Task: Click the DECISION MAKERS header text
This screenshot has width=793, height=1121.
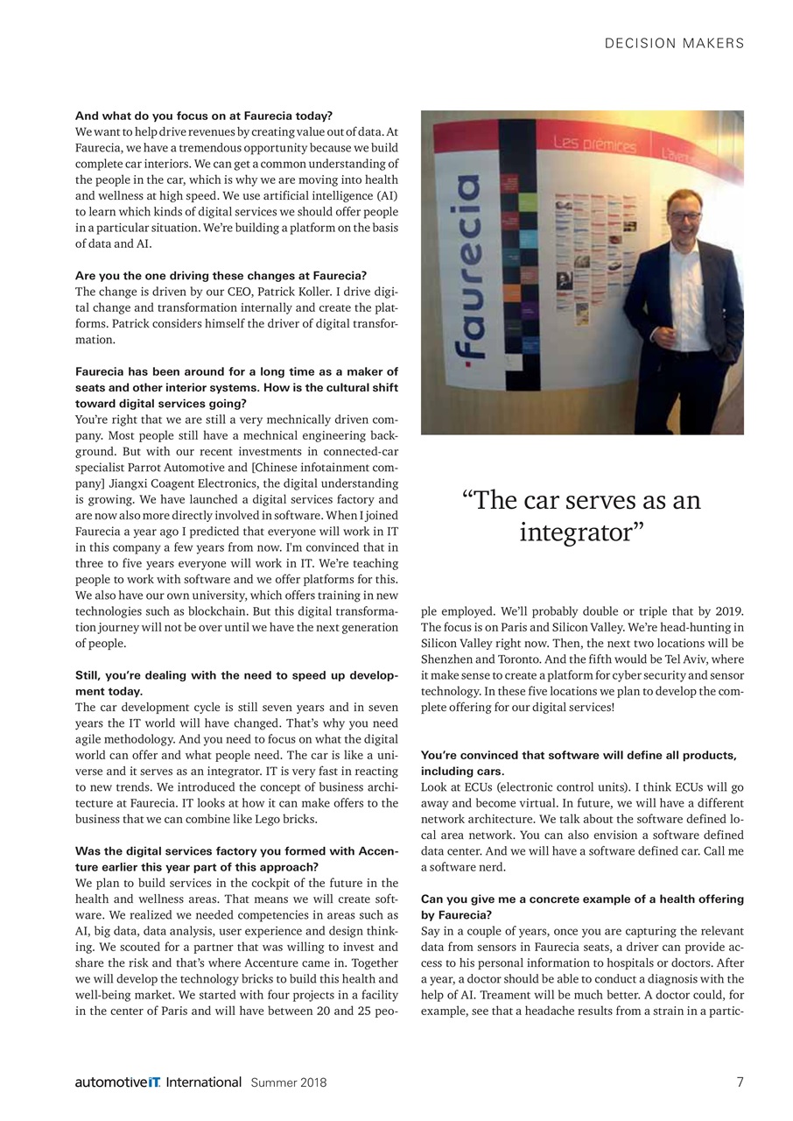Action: (x=674, y=43)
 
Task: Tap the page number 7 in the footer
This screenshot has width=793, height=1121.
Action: (x=740, y=1082)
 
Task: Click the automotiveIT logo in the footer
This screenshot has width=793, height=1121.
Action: (x=158, y=1082)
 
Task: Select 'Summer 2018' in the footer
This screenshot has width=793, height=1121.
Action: (x=289, y=1082)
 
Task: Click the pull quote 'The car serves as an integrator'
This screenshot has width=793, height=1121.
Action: (x=582, y=516)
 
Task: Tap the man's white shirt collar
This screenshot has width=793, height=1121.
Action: (x=685, y=248)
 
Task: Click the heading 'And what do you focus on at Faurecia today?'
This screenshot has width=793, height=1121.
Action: (x=204, y=116)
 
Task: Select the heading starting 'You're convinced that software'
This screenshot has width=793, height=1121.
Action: (x=579, y=755)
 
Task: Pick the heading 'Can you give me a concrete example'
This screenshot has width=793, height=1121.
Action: (x=582, y=899)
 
